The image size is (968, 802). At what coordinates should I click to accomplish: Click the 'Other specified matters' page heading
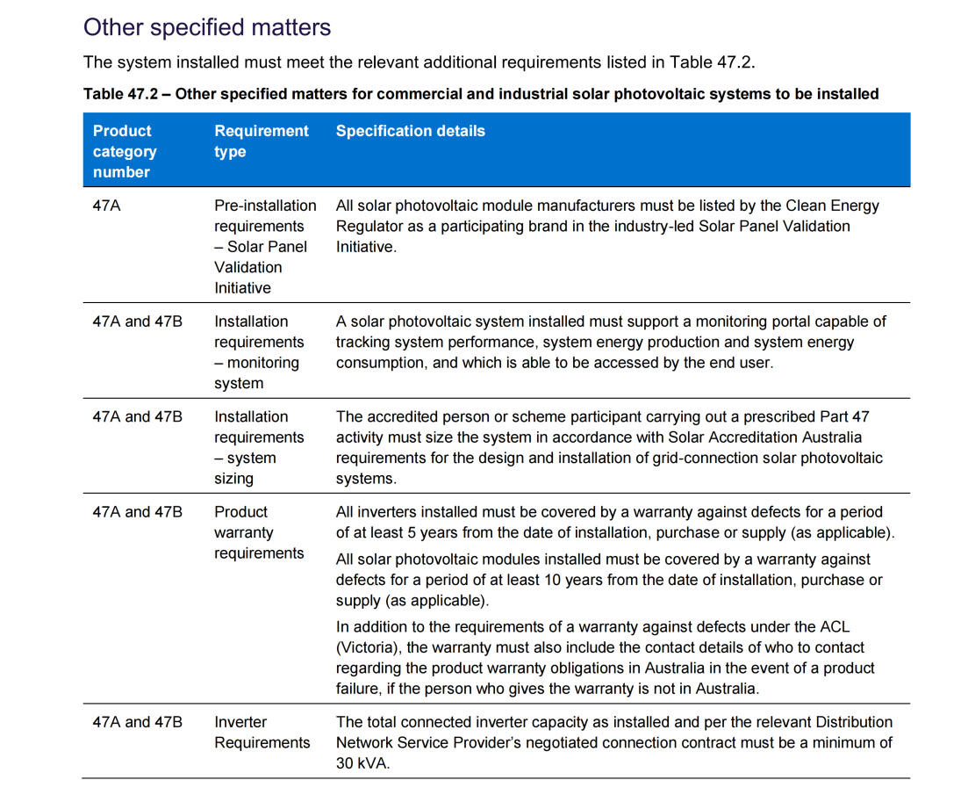[207, 27]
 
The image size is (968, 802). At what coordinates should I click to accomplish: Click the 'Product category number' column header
[125, 151]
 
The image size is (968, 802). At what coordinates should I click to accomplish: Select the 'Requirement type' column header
[262, 141]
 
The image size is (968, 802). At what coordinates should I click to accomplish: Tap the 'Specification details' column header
[410, 131]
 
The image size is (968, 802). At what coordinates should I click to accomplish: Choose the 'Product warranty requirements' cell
[259, 532]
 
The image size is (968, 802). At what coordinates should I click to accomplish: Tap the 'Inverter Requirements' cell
[262, 732]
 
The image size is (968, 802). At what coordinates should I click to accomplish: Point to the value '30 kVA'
[363, 763]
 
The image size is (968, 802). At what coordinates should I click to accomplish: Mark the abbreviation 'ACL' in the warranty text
[831, 626]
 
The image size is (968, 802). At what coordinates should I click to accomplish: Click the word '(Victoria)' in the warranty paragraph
[367, 647]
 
